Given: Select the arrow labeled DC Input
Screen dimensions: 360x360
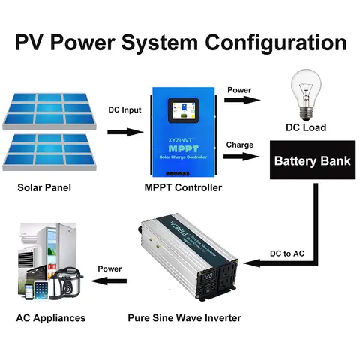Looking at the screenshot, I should [x=124, y=133].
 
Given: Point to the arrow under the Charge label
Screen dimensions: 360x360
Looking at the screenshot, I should [x=241, y=157].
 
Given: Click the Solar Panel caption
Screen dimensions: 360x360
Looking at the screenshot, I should [x=44, y=187].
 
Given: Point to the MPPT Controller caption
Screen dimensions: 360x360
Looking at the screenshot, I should [x=183, y=187].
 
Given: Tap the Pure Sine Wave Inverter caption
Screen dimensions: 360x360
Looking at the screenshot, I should [x=183, y=318].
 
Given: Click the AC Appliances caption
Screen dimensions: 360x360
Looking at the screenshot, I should [x=51, y=318].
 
